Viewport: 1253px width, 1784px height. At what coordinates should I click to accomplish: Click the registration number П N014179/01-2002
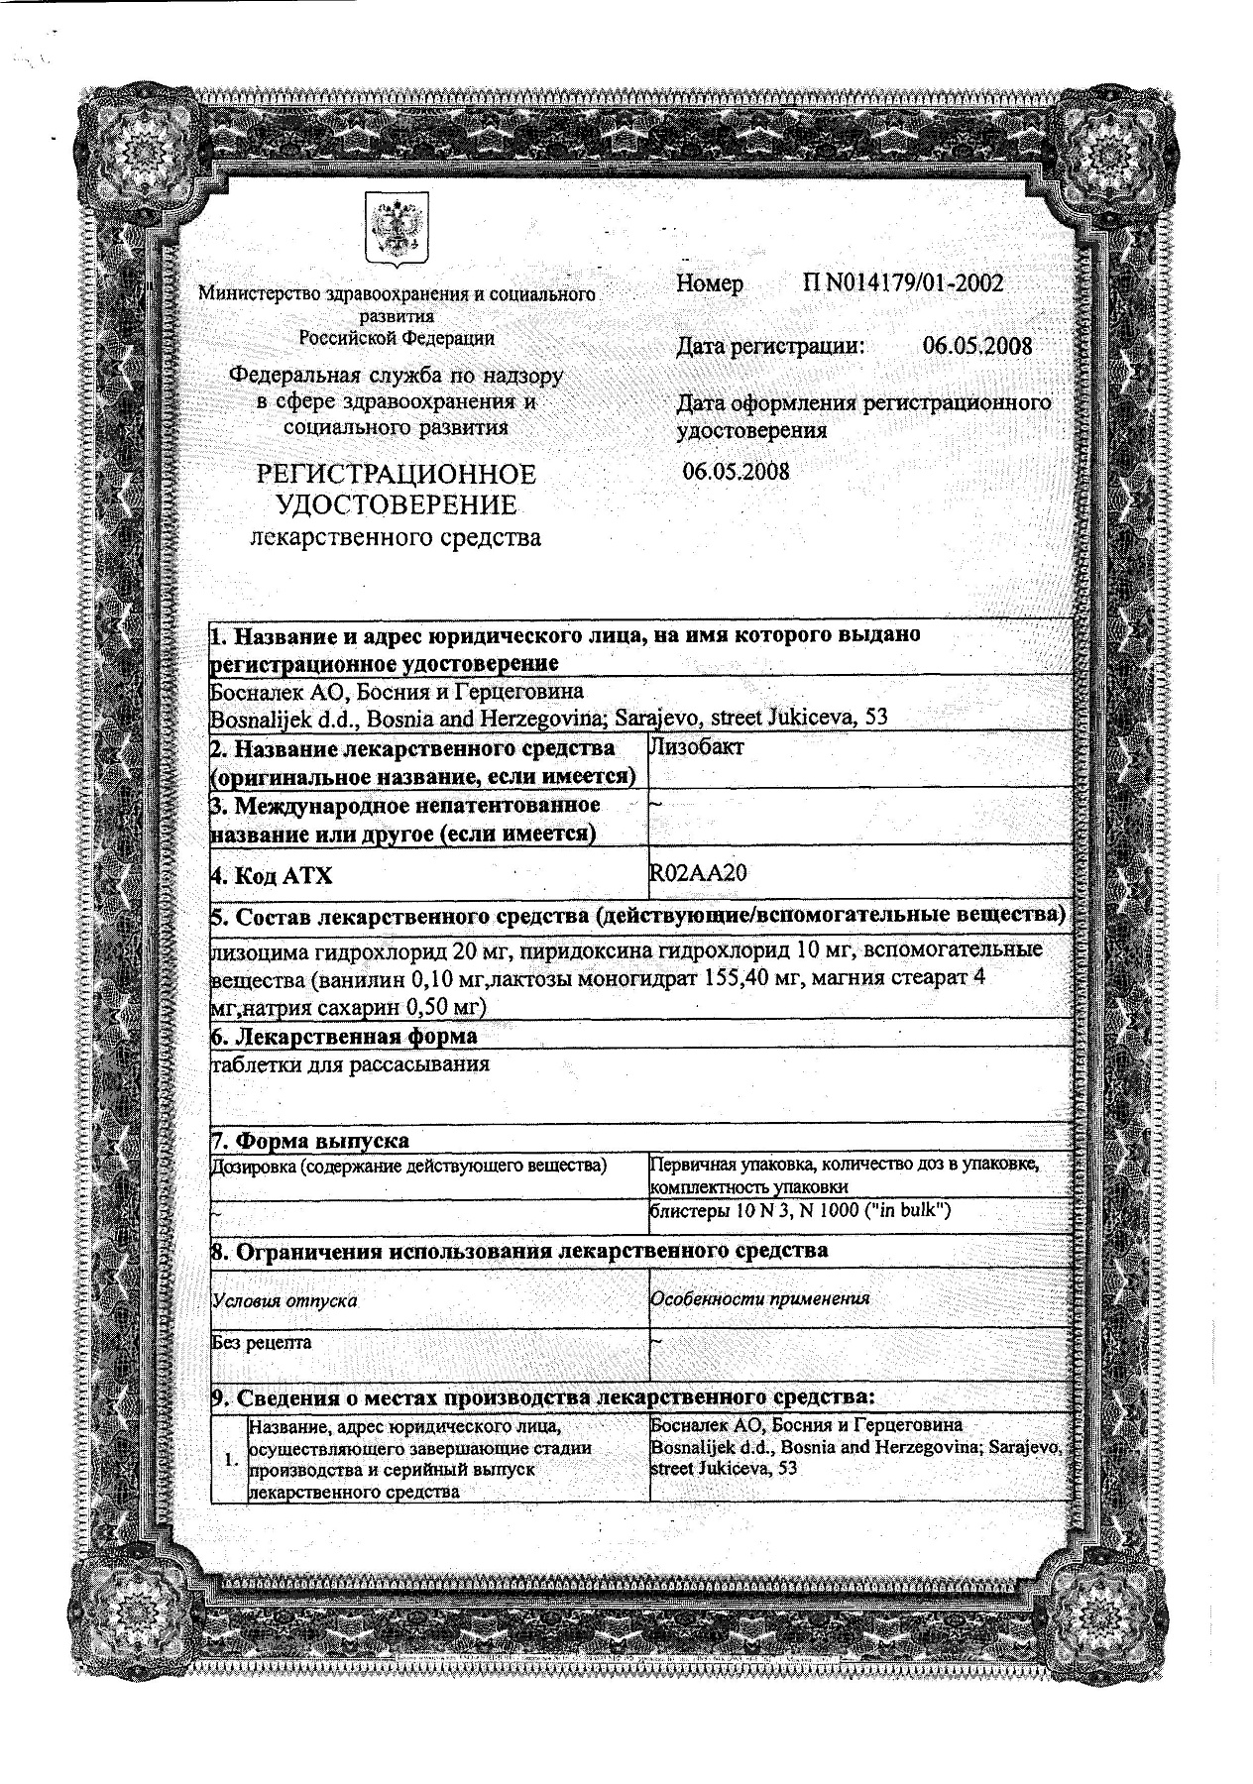point(903,284)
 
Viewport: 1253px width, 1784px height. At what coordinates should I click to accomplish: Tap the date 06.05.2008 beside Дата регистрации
point(976,346)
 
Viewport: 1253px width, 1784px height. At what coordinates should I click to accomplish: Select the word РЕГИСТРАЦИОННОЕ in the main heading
point(397,475)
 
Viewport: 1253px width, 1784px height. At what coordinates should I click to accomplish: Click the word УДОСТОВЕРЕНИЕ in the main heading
point(397,506)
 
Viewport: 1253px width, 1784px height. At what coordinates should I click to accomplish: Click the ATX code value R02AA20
point(698,872)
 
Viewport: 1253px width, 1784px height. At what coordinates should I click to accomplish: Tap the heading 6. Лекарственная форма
point(344,1037)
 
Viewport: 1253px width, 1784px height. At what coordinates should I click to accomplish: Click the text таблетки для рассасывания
point(350,1065)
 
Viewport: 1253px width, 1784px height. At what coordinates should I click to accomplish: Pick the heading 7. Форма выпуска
point(310,1142)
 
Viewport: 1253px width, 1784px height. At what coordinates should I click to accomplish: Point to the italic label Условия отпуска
point(285,1299)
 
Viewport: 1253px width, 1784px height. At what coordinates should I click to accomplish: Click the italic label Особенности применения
point(759,1297)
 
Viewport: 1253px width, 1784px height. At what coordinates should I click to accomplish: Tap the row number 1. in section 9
point(231,1460)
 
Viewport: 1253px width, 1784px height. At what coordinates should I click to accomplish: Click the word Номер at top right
point(710,284)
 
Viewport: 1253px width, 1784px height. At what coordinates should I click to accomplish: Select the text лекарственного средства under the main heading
point(397,538)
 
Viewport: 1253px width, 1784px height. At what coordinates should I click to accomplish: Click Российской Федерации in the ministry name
point(397,338)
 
